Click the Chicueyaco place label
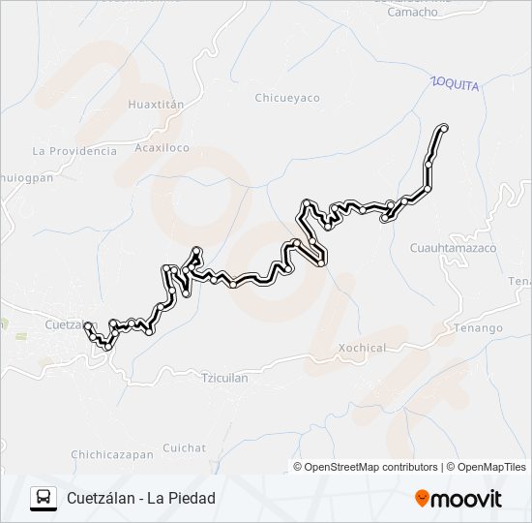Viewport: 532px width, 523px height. point(287,98)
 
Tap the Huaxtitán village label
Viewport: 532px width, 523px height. point(156,102)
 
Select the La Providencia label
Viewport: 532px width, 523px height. point(74,151)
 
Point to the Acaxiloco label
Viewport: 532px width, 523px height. point(163,148)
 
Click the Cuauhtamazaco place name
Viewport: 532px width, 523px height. point(453,248)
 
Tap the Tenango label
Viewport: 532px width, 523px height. point(479,328)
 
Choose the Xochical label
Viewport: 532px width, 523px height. point(363,348)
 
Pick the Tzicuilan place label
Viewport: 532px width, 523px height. point(225,378)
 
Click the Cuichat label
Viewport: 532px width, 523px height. point(185,447)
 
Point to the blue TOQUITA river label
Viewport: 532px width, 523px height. point(456,85)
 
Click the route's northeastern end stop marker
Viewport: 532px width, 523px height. point(444,128)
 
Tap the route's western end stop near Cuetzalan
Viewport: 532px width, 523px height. point(88,326)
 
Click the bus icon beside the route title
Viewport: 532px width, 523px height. point(43,498)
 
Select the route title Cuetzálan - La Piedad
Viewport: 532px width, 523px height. point(141,499)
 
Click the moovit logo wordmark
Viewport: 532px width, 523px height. point(467,498)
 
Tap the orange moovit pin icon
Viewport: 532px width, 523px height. point(423,498)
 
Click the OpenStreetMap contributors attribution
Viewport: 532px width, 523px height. point(371,467)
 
